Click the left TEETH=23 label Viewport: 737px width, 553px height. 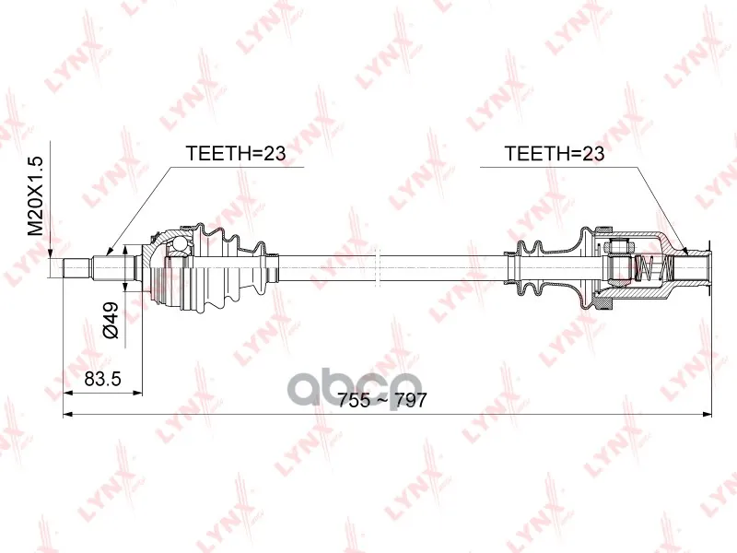point(236,153)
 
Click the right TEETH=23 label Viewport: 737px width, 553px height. point(555,153)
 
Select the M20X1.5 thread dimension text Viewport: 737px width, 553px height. point(35,195)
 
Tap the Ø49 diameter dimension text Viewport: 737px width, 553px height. point(111,320)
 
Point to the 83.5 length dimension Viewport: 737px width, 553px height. point(103,378)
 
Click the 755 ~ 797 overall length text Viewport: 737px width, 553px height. point(382,400)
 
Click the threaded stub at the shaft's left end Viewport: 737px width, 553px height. point(76,267)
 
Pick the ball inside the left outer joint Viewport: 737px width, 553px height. point(178,243)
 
